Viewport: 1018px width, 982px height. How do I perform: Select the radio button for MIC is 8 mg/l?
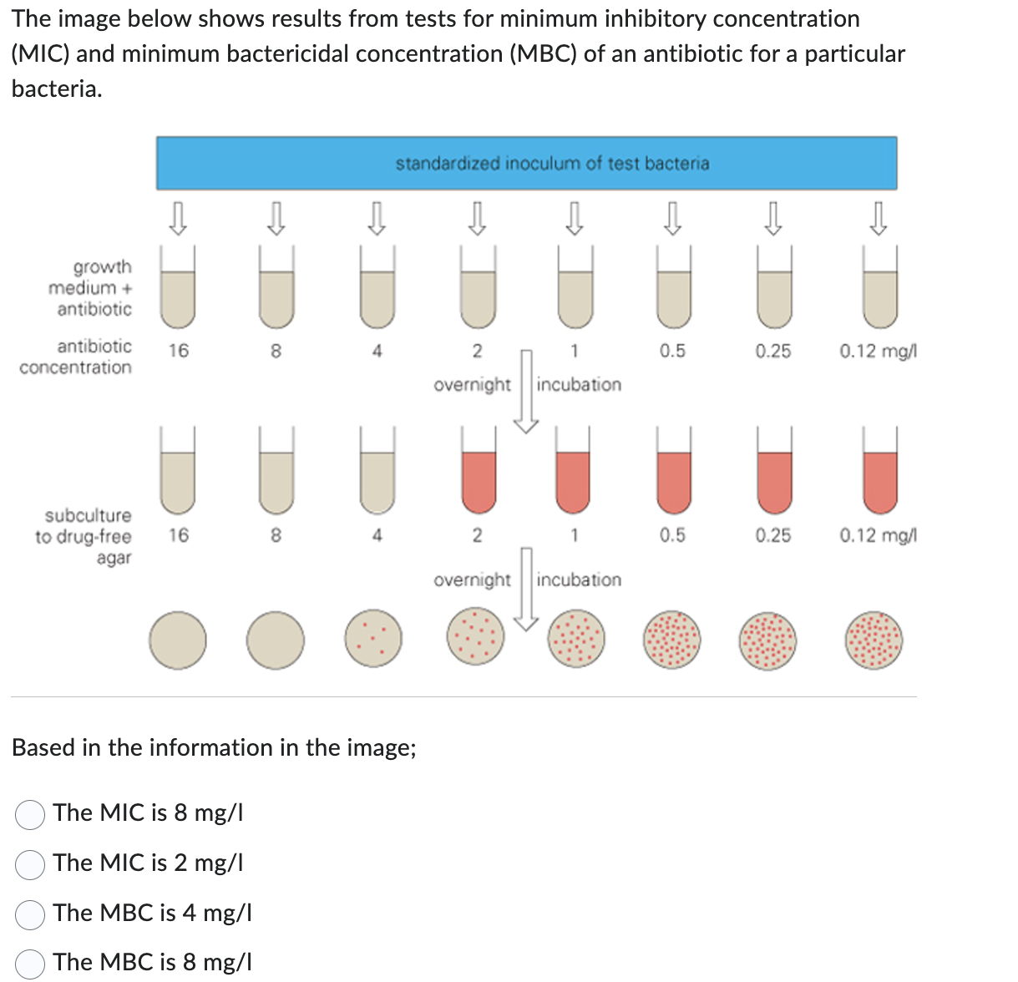(x=30, y=814)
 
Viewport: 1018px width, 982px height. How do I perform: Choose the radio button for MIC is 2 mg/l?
(x=30, y=864)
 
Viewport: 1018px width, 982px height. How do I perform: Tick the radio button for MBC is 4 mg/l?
(x=30, y=914)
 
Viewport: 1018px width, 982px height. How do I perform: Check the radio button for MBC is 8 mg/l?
(x=30, y=964)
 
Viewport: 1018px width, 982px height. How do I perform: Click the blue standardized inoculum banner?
(x=526, y=164)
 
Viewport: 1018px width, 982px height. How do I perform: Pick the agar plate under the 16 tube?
(x=177, y=640)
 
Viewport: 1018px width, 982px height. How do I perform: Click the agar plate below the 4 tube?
(x=374, y=640)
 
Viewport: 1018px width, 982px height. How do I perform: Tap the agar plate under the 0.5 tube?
(x=672, y=640)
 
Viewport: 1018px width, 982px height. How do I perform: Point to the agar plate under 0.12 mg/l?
(x=874, y=640)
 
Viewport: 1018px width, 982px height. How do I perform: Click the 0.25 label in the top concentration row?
(x=773, y=351)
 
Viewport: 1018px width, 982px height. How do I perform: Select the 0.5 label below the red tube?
(x=672, y=535)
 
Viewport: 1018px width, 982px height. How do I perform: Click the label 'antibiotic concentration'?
(x=79, y=357)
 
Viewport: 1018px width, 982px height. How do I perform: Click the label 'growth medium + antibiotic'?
(x=92, y=288)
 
